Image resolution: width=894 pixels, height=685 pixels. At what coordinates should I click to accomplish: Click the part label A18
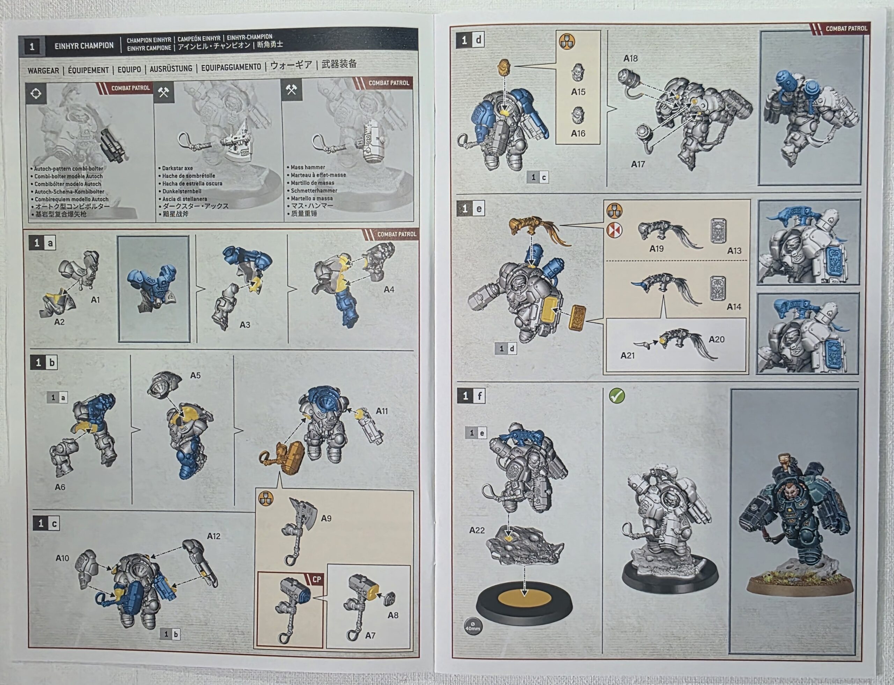click(x=630, y=59)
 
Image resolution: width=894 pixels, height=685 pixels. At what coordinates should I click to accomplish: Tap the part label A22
click(x=477, y=530)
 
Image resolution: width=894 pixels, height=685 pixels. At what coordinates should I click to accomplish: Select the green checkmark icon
click(x=617, y=395)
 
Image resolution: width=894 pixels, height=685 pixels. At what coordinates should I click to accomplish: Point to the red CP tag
click(x=316, y=579)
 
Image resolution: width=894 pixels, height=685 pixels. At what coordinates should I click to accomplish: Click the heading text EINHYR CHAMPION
click(x=84, y=46)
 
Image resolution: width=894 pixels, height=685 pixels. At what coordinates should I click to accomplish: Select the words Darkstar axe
click(x=177, y=168)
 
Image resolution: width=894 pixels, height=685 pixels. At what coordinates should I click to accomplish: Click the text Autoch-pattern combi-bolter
click(x=68, y=168)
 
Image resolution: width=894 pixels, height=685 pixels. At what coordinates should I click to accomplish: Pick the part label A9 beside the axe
click(x=326, y=518)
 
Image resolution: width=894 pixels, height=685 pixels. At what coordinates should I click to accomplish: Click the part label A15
click(x=578, y=92)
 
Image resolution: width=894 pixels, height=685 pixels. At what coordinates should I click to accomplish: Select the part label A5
click(x=195, y=375)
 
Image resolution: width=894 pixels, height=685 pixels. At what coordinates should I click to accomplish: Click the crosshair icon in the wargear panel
click(x=36, y=93)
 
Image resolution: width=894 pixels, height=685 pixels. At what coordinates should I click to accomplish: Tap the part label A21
click(x=628, y=356)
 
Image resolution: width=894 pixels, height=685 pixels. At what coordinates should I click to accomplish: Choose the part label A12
click(x=213, y=536)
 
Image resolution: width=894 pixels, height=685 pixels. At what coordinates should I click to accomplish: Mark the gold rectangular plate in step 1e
click(x=578, y=317)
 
